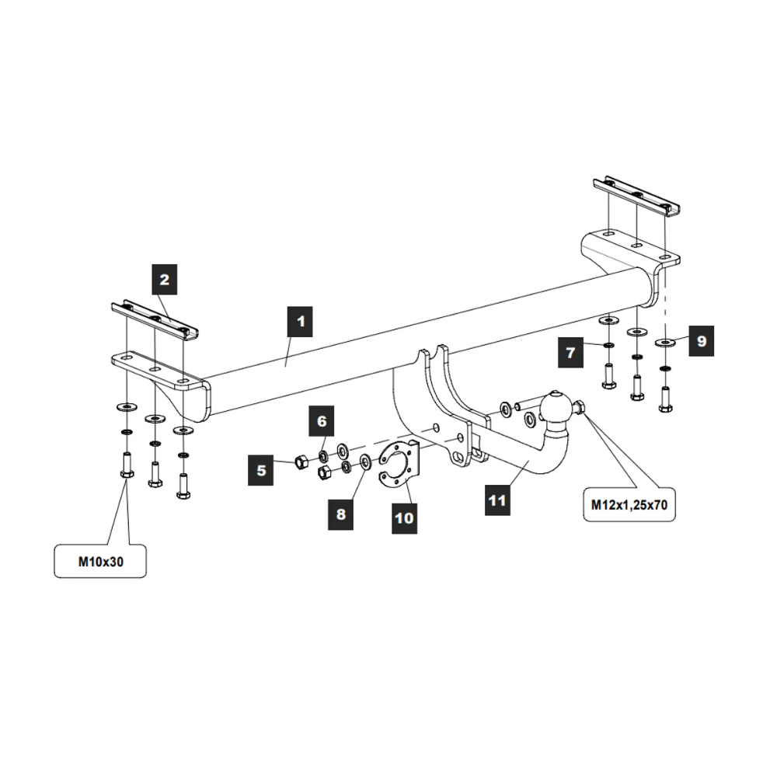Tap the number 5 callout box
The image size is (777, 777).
point(262,470)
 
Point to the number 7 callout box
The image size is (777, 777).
point(570,352)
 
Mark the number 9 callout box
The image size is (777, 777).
point(700,340)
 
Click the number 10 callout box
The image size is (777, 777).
point(403,517)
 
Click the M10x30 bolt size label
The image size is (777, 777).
point(99,562)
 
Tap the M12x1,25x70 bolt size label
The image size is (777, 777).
point(629,504)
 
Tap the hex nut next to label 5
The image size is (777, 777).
point(301,463)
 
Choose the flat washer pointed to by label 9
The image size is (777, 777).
point(666,340)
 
